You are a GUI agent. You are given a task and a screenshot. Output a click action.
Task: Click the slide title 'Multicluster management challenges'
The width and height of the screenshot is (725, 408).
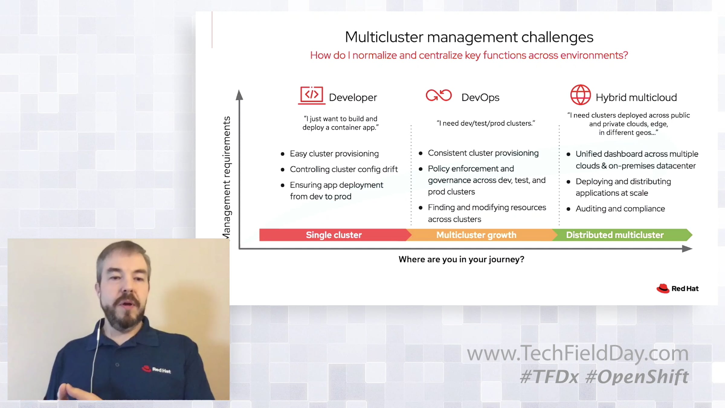coord(469,37)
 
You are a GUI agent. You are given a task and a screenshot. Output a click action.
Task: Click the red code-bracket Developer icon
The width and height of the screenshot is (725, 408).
coord(312,96)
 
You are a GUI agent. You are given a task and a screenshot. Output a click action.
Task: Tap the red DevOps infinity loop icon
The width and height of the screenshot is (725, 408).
coord(439,96)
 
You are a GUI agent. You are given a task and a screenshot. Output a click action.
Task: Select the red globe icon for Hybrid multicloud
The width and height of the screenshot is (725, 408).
coord(580,95)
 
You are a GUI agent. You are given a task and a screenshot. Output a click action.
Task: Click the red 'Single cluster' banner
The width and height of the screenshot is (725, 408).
coord(334,235)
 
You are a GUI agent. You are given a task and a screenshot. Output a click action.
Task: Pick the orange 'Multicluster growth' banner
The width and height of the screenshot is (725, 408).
coord(476,235)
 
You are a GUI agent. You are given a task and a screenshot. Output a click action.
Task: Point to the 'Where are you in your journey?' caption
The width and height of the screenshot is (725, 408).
coord(461,259)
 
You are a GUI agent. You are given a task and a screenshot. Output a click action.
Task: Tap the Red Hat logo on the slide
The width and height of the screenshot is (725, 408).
coord(678,289)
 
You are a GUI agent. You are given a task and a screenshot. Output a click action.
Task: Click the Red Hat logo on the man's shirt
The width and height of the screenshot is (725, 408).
coord(156,369)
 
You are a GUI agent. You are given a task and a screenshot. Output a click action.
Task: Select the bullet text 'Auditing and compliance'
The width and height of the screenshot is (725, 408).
coord(620,209)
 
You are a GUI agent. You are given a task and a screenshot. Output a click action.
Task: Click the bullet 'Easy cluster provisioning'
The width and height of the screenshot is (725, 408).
coord(334,154)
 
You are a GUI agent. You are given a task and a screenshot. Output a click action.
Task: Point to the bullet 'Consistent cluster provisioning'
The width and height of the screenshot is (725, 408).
coord(483,153)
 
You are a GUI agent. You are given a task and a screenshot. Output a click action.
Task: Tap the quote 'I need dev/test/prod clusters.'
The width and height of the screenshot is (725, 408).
coord(486,123)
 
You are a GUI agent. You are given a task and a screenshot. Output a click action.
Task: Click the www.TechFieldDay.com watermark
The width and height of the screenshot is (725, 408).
coord(578,353)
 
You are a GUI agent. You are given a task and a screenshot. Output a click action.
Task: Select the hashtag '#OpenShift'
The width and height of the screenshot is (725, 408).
coord(637,377)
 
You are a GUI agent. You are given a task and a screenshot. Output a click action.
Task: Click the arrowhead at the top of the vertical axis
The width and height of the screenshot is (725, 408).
coord(239,95)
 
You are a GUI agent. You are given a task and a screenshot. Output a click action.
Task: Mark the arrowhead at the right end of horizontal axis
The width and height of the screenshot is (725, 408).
coord(687,249)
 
